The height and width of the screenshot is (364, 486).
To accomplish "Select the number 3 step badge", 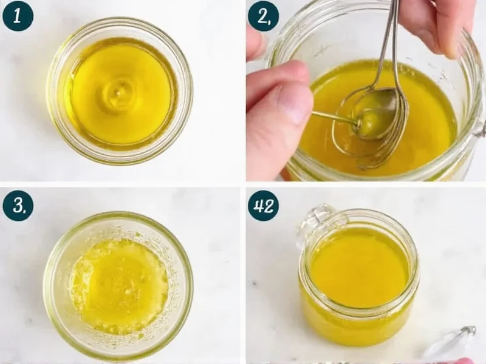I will (x=18, y=206).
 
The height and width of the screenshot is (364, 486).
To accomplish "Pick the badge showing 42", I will (x=263, y=206).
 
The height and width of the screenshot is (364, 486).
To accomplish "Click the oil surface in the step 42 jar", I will (x=358, y=267).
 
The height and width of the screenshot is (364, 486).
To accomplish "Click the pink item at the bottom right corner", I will (x=465, y=360).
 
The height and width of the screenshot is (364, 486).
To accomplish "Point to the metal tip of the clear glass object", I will (x=468, y=330).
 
